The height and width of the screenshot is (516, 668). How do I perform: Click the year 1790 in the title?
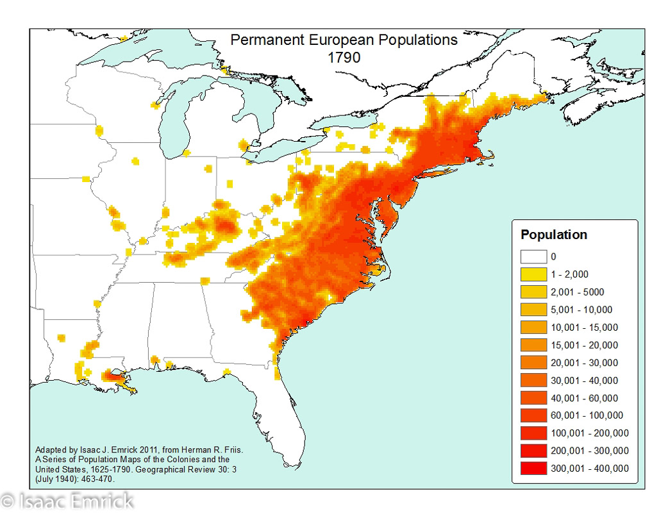click(x=344, y=56)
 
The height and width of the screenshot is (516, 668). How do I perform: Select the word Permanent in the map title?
click(x=265, y=40)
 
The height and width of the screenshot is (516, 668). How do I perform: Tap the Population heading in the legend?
click(x=553, y=235)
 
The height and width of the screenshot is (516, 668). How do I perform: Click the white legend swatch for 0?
click(x=534, y=257)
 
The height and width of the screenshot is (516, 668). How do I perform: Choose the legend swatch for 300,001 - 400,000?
click(x=534, y=469)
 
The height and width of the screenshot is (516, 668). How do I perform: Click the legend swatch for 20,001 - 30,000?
click(x=534, y=363)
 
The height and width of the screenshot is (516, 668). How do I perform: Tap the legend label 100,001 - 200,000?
click(x=589, y=433)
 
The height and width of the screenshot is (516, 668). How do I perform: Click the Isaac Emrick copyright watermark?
click(x=67, y=501)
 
